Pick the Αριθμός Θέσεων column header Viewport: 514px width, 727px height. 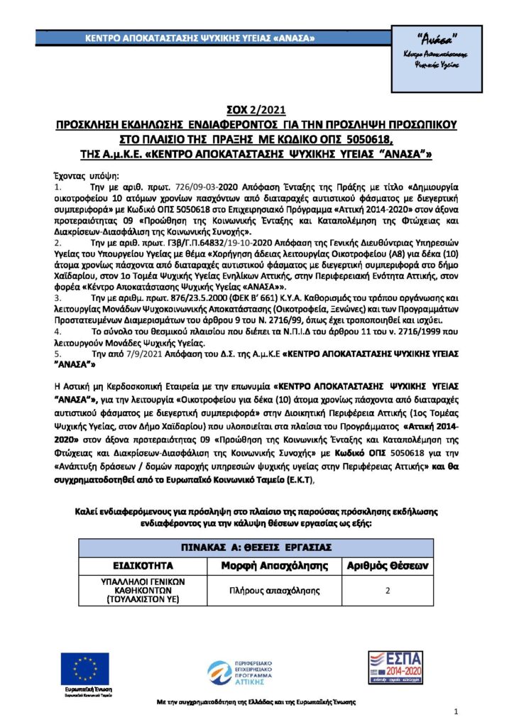pos(387,566)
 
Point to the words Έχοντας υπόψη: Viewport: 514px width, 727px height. pos(79,175)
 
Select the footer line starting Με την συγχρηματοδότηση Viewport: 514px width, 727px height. pos(256,702)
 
